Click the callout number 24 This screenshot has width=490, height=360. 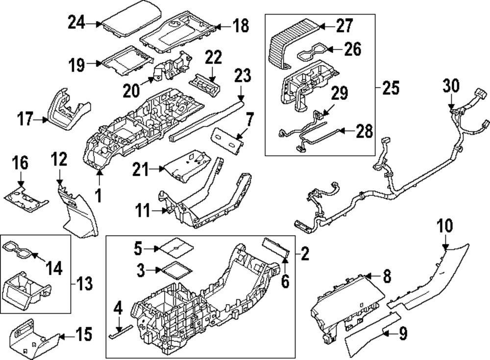[x=76, y=22]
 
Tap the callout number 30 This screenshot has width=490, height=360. [x=451, y=85]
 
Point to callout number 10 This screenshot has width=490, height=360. [x=445, y=226]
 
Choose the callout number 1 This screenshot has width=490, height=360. [x=98, y=195]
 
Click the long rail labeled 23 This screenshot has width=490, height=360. [x=206, y=120]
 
